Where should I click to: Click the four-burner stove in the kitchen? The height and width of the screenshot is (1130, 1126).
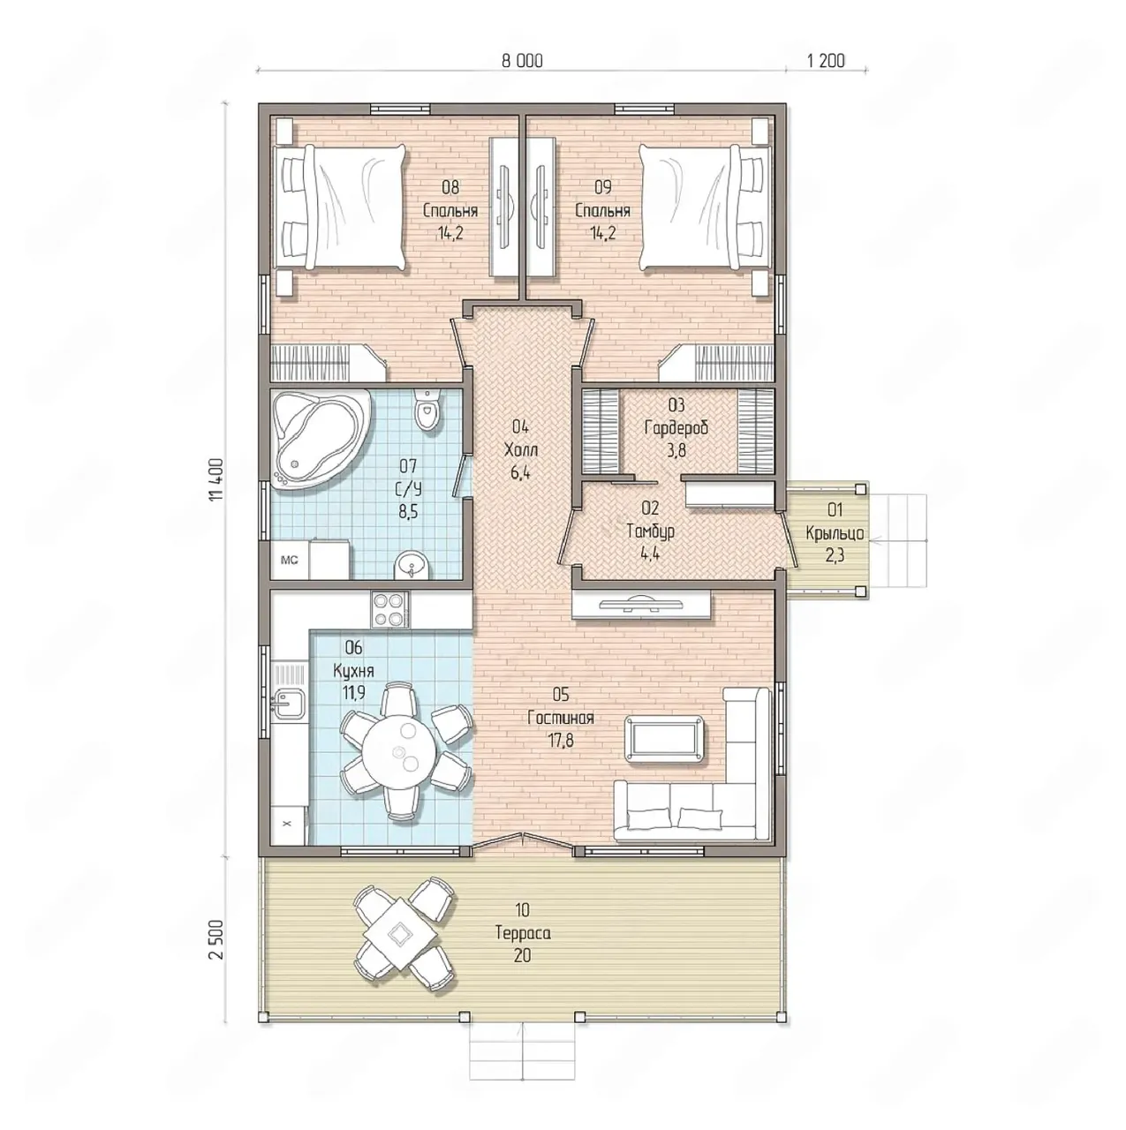click(390, 610)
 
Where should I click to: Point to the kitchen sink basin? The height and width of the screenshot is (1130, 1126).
click(290, 703)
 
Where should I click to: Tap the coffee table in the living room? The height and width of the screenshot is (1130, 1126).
click(665, 738)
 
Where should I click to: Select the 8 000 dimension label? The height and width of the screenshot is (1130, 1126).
click(522, 60)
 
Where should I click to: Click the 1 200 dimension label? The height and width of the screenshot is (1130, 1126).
click(826, 60)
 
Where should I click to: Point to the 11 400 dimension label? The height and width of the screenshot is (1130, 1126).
click(216, 478)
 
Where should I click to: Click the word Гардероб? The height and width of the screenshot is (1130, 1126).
click(676, 427)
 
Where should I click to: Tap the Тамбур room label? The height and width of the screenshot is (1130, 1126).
click(651, 531)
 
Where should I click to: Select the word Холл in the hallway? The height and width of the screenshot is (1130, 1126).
click(520, 450)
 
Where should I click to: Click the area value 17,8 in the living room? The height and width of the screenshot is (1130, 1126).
click(561, 741)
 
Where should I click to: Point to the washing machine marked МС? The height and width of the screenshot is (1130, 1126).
click(290, 560)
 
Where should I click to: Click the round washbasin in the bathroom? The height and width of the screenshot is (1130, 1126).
click(412, 566)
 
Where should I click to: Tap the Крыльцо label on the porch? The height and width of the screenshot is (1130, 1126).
click(835, 533)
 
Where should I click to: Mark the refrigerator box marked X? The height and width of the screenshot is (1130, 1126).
click(288, 825)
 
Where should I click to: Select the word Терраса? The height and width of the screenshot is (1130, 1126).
click(522, 932)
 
